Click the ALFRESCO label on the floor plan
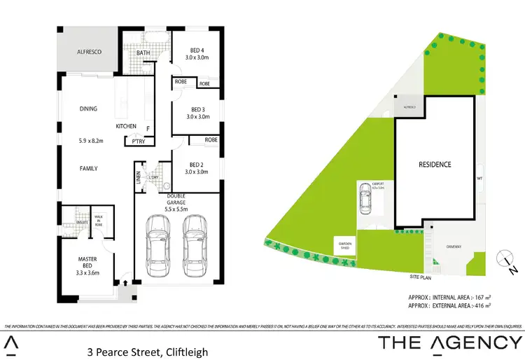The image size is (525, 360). [90, 52]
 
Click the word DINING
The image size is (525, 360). [88, 109]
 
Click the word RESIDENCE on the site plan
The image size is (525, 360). [435, 165]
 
